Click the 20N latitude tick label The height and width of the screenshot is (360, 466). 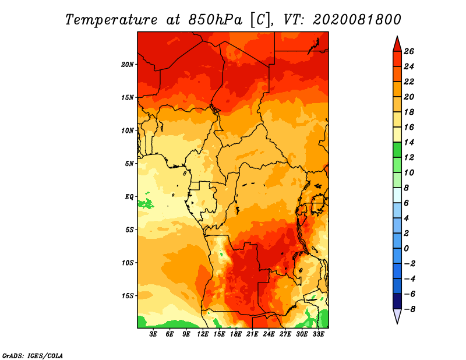click(x=127, y=65)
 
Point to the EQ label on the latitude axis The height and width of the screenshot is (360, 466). click(x=129, y=197)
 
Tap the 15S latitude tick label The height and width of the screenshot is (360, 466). click(x=128, y=296)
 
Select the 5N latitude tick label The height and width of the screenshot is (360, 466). click(x=129, y=164)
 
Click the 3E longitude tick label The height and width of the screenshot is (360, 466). click(x=153, y=334)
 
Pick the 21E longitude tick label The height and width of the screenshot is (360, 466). click(x=252, y=334)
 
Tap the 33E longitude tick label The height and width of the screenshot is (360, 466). click(x=318, y=334)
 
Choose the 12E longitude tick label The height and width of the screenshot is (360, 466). click(x=203, y=334)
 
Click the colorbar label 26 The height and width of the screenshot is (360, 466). click(x=409, y=51)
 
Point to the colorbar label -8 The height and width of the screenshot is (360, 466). click(x=409, y=309)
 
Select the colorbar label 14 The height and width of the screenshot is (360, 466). click(x=409, y=142)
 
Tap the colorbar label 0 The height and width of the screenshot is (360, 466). click(x=406, y=249)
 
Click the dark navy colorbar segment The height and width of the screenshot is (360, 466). click(x=397, y=301)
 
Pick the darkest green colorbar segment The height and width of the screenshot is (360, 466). click(x=397, y=150)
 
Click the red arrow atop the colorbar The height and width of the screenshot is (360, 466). click(x=397, y=44)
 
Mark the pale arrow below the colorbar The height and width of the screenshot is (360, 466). click(x=397, y=316)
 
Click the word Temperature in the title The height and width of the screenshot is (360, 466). click(x=111, y=20)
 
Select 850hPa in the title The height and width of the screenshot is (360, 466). click(x=215, y=20)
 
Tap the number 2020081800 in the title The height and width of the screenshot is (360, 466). click(x=357, y=20)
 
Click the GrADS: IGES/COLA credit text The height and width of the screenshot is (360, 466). click(x=33, y=356)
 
